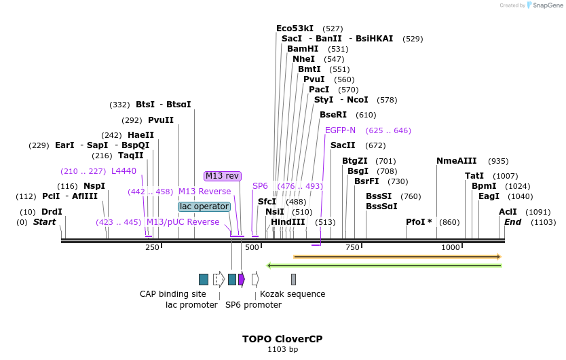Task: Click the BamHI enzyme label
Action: pyautogui.click(x=303, y=49)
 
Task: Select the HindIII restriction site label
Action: pyautogui.click(x=288, y=222)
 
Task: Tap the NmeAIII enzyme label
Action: pyautogui.click(x=456, y=161)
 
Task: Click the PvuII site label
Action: pyautogui.click(x=161, y=120)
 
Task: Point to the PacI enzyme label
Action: pyautogui.click(x=319, y=90)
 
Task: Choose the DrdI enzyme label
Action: pyautogui.click(x=52, y=212)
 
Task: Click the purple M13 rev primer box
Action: pyautogui.click(x=223, y=176)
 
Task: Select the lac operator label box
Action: pyautogui.click(x=204, y=206)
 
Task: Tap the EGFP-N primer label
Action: pyautogui.click(x=340, y=130)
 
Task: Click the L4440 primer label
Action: pyautogui.click(x=124, y=171)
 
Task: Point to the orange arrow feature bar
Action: pyautogui.click(x=397, y=257)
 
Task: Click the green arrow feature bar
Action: pyautogui.click(x=384, y=266)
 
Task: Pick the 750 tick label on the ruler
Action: pyautogui.click(x=352, y=247)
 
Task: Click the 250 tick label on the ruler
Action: pyautogui.click(x=151, y=247)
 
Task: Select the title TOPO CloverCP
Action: pyautogui.click(x=282, y=338)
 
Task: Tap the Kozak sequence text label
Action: pyautogui.click(x=293, y=294)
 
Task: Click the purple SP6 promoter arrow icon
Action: pyautogui.click(x=242, y=279)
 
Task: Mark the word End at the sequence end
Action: pyautogui.click(x=512, y=222)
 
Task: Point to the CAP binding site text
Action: pyautogui.click(x=172, y=294)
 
